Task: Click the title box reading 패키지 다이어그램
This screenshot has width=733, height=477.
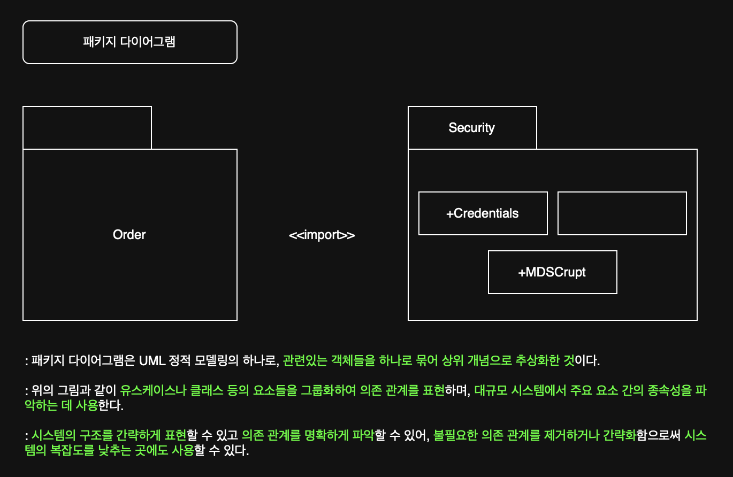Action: tap(129, 42)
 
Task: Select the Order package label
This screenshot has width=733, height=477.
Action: tap(129, 235)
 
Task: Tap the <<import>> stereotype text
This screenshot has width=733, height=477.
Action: tap(322, 235)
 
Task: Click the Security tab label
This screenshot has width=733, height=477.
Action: tap(471, 128)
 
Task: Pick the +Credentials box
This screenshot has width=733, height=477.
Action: tap(483, 213)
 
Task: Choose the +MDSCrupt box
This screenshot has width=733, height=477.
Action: tap(552, 272)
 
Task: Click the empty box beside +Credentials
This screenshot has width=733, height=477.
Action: tap(622, 213)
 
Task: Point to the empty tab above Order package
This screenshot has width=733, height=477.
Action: tap(87, 128)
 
